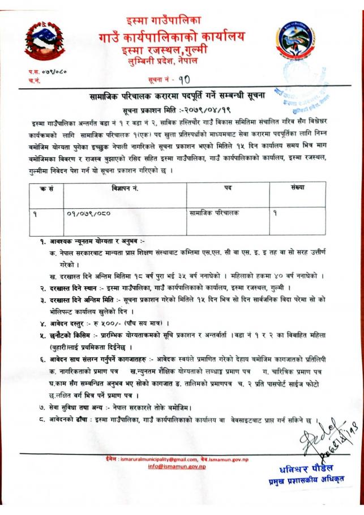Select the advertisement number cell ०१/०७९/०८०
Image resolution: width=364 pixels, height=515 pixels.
pyautogui.click(x=87, y=214)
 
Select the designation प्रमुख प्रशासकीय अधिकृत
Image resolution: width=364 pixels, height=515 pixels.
pyautogui.click(x=306, y=482)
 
